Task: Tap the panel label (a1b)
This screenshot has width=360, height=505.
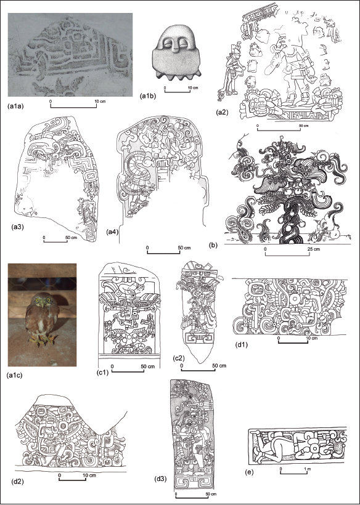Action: [147, 95]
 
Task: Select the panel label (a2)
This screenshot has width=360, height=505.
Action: [223, 113]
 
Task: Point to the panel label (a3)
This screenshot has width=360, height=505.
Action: [17, 227]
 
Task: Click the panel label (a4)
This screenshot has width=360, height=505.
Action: [112, 231]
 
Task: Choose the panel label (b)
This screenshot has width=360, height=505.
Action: [213, 245]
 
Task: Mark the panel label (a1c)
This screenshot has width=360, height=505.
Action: [15, 376]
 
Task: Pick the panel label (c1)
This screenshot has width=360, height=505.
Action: [102, 373]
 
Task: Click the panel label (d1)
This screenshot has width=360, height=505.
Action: [241, 345]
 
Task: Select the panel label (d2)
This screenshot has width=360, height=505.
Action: [18, 482]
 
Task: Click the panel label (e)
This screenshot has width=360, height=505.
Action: [249, 472]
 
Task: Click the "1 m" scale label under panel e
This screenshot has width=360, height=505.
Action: [308, 469]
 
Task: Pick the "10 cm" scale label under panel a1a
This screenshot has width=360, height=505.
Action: [100, 102]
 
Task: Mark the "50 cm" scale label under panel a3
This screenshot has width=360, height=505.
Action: [72, 238]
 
